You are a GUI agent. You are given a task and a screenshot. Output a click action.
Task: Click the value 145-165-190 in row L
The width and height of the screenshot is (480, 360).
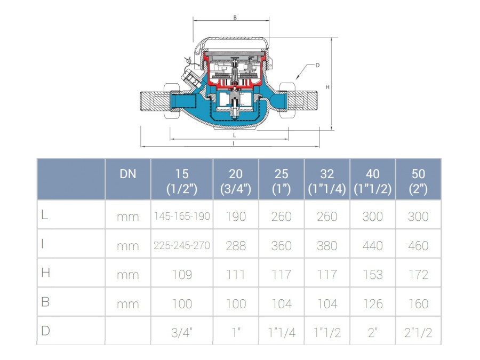(x=182, y=217)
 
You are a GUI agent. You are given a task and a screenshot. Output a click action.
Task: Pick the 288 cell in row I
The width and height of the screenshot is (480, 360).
(x=236, y=245)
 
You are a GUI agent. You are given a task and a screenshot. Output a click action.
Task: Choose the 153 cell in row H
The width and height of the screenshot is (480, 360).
(x=373, y=275)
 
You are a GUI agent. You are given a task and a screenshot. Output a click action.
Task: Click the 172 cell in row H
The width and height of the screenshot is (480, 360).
(x=418, y=275)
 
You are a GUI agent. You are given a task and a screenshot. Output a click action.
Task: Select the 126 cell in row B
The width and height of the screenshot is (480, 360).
(x=373, y=303)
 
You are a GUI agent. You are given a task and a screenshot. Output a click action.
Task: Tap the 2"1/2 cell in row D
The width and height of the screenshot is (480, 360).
(x=418, y=332)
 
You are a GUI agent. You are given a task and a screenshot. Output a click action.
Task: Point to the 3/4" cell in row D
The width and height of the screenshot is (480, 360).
(x=182, y=332)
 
